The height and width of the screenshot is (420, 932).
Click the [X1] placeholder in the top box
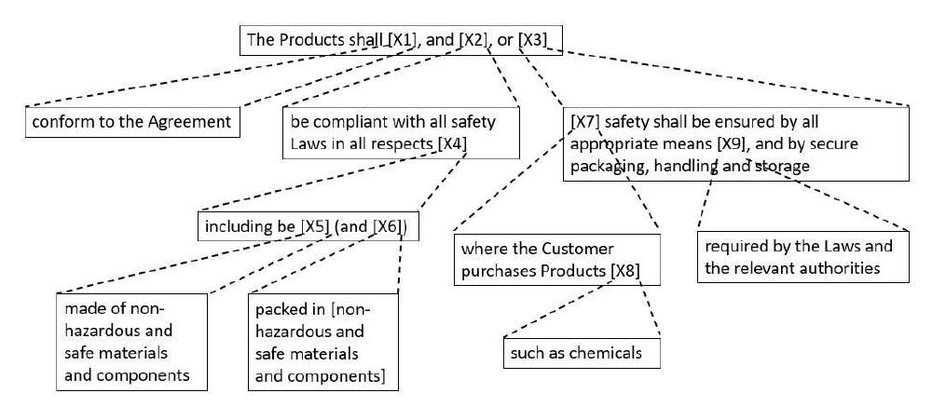click(402, 40)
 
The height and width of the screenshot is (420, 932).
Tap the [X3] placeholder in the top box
click(532, 40)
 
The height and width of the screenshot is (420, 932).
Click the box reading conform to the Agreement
click(132, 122)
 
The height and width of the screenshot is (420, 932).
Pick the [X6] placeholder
click(390, 227)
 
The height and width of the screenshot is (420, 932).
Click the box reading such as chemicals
click(582, 353)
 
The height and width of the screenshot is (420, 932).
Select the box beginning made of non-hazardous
click(132, 342)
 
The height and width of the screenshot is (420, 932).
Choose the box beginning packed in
click(323, 342)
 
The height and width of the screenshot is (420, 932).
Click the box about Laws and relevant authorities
click(803, 256)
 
